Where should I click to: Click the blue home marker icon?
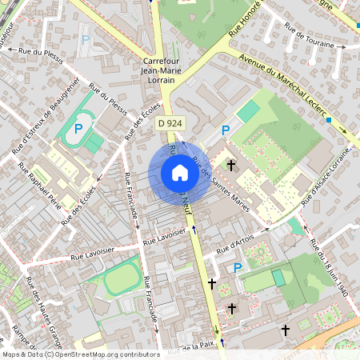click(x=180, y=173)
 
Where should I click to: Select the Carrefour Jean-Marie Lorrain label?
click(x=166, y=70)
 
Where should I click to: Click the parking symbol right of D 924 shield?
click(x=226, y=130)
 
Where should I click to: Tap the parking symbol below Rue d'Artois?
click(x=237, y=267)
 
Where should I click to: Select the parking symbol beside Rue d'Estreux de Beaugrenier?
click(x=78, y=128)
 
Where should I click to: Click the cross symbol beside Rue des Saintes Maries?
click(x=232, y=166)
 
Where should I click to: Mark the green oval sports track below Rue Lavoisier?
click(x=120, y=281)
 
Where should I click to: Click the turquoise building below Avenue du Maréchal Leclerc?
click(x=249, y=111)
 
